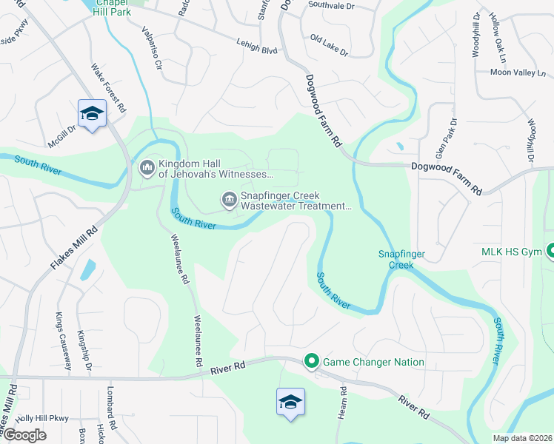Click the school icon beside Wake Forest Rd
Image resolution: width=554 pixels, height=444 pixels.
pos(92,114)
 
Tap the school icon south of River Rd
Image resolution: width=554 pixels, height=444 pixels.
pos(290,402)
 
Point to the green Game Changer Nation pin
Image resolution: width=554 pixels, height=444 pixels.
pos(312,362)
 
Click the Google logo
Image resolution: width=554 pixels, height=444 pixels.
pos(24,435)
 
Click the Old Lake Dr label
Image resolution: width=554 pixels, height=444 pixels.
pos(329,44)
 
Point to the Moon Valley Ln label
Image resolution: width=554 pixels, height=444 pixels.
pos(518,73)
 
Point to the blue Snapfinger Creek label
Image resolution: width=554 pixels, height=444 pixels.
pos(401,259)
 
